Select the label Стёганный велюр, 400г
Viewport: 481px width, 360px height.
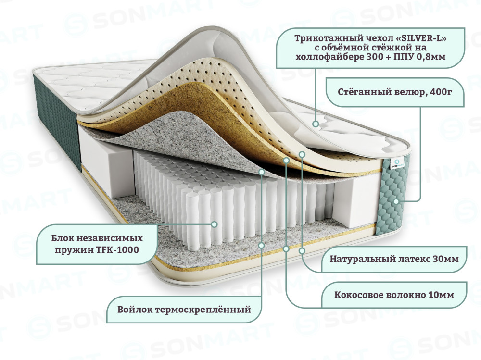(x=395, y=92)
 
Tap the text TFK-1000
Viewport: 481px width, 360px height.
(x=119, y=249)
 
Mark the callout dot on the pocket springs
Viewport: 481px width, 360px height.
(x=215, y=224)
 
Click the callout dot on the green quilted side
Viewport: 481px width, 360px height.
(x=396, y=201)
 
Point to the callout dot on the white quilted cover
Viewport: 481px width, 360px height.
(x=315, y=124)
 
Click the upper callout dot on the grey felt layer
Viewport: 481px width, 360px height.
(x=261, y=172)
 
